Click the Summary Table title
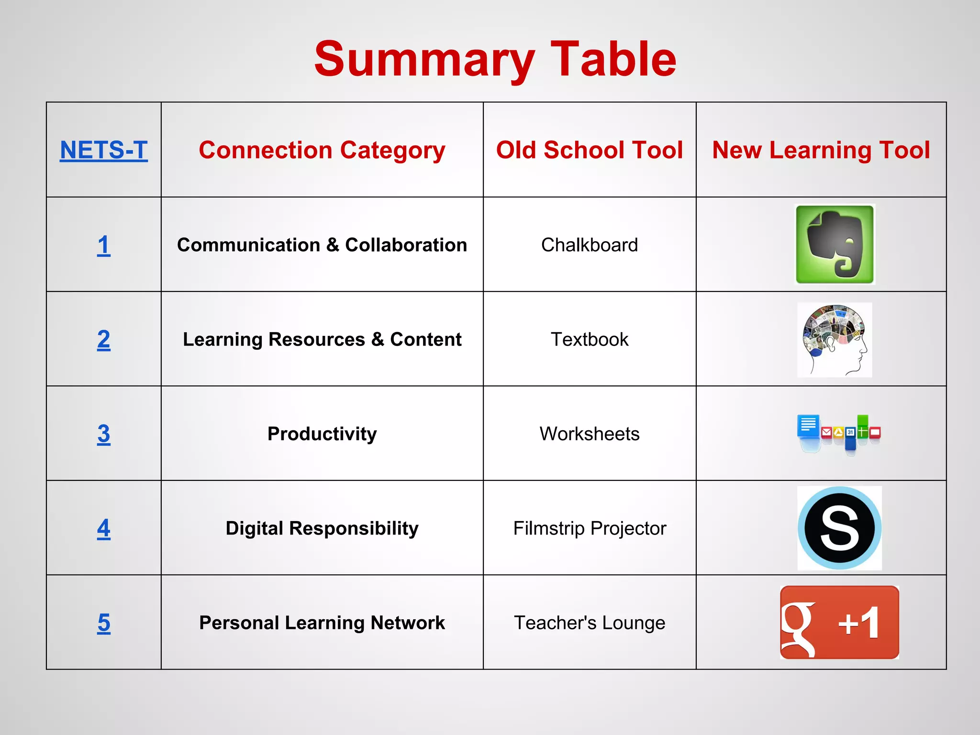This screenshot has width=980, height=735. pyautogui.click(x=495, y=59)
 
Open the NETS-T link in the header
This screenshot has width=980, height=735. pyautogui.click(x=103, y=150)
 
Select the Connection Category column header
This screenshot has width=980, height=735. pyautogui.click(x=322, y=150)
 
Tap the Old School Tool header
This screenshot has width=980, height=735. pyautogui.click(x=589, y=150)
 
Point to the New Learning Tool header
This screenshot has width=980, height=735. pyautogui.click(x=821, y=150)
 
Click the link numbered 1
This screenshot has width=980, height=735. pyautogui.click(x=103, y=245)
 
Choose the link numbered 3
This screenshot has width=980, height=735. pyautogui.click(x=103, y=434)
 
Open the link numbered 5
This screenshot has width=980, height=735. pyautogui.click(x=103, y=623)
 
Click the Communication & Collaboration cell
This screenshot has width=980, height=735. pyautogui.click(x=322, y=245)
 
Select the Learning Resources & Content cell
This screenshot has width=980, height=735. pyautogui.click(x=322, y=339)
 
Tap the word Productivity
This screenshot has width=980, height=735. pyautogui.click(x=322, y=434)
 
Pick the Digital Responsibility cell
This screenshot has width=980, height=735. pyautogui.click(x=322, y=528)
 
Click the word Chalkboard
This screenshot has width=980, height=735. pyautogui.click(x=589, y=245)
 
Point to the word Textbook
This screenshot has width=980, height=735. pyautogui.click(x=589, y=339)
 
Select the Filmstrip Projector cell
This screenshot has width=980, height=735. pyautogui.click(x=589, y=528)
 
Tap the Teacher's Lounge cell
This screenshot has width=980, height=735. pyautogui.click(x=589, y=623)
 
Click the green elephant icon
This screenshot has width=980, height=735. pyautogui.click(x=835, y=245)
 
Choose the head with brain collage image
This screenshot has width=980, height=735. pyautogui.click(x=835, y=339)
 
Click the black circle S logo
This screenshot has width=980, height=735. pyautogui.click(x=839, y=528)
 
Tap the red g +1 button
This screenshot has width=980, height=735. pyautogui.click(x=839, y=623)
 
